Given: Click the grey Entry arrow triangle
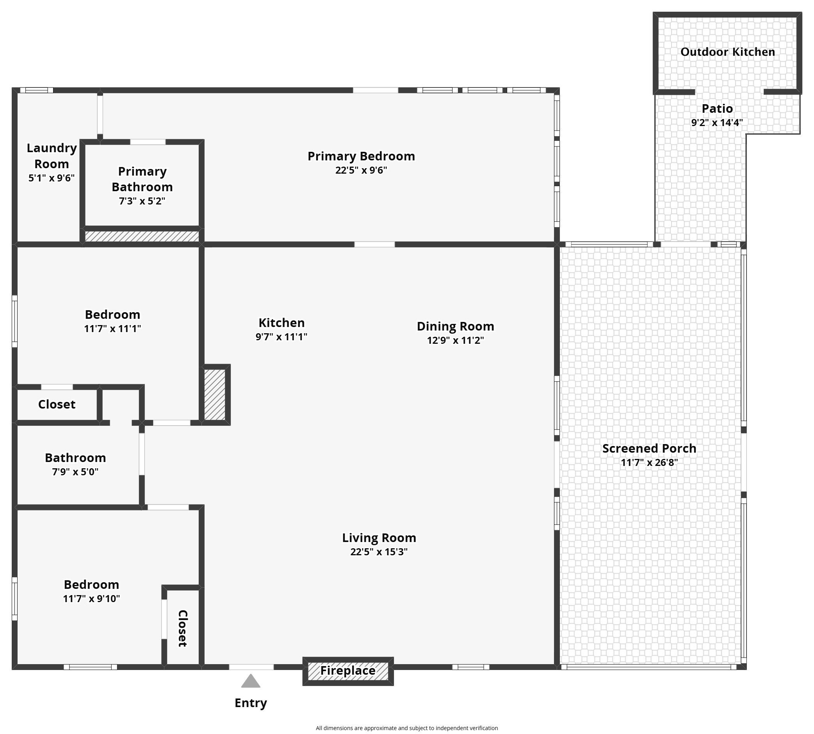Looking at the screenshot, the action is click(x=251, y=681).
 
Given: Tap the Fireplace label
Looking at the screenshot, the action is click(x=348, y=671).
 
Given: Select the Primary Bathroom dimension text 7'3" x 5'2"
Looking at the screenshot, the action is click(x=142, y=201).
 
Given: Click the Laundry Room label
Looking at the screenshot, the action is click(x=52, y=156).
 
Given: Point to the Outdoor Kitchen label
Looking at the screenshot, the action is click(x=728, y=52).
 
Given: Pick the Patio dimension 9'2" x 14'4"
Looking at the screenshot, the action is click(x=717, y=123).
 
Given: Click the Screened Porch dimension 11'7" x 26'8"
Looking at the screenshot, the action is click(x=649, y=462).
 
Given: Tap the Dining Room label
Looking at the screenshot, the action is click(x=456, y=326).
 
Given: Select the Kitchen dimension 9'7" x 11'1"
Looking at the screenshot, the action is click(x=281, y=337).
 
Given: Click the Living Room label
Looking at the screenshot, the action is click(x=379, y=538).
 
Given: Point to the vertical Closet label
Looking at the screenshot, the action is click(x=182, y=628).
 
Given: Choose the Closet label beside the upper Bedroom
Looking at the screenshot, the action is click(x=57, y=405).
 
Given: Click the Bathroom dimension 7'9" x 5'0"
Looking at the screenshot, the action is click(x=75, y=472).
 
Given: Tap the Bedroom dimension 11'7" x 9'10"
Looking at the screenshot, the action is click(x=91, y=599).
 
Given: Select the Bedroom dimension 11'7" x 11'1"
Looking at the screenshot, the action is click(x=112, y=329).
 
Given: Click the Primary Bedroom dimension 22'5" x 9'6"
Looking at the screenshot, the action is click(x=361, y=170).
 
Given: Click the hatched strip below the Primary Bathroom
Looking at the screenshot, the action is click(x=142, y=236).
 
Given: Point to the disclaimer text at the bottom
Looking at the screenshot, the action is click(x=407, y=728).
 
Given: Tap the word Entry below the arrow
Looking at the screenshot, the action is click(x=251, y=703).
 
